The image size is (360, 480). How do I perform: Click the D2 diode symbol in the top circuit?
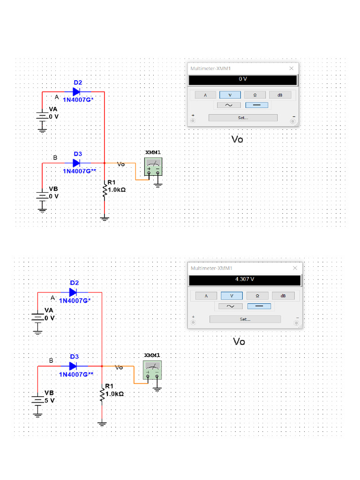(76, 92)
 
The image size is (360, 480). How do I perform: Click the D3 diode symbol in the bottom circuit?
(73, 366)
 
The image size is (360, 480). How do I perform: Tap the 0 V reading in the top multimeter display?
(242, 79)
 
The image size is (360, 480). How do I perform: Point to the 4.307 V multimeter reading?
(244, 279)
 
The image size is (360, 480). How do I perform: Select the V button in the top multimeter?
(230, 95)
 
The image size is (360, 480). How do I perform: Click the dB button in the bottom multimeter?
(283, 296)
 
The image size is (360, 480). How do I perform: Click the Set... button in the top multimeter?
(242, 118)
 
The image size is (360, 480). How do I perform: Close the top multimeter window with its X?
(291, 68)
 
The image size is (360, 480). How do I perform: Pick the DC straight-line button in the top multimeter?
(257, 105)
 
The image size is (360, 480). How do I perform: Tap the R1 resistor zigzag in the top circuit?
(105, 191)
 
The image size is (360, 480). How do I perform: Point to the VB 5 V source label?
(49, 397)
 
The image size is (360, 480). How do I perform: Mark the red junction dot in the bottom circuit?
(102, 366)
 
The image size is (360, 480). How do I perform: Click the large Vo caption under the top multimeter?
(238, 139)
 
